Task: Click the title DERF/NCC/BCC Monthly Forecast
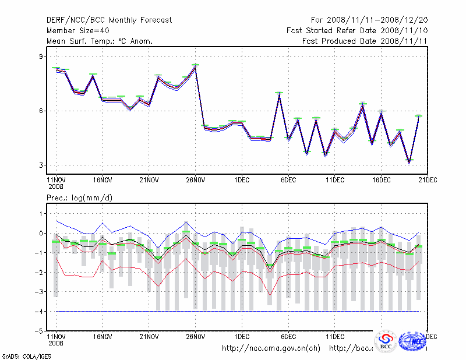click(110, 20)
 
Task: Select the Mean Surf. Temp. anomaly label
click(100, 41)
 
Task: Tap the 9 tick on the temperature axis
click(41, 57)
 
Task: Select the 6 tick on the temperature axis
click(41, 111)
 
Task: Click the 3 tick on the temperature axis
click(41, 165)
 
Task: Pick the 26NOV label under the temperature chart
click(195, 180)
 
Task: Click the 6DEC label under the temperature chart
click(288, 180)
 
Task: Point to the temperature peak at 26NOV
click(195, 66)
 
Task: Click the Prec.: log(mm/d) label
click(80, 199)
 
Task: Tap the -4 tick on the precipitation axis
click(40, 312)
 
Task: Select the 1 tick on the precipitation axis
click(41, 214)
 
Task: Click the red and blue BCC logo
click(385, 342)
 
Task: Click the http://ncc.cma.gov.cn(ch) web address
click(271, 348)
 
